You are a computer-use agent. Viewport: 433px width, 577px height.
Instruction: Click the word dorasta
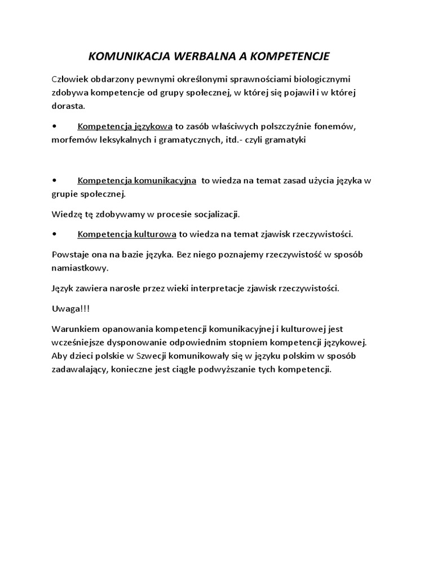68,105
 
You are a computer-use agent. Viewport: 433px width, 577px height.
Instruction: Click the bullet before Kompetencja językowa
54,126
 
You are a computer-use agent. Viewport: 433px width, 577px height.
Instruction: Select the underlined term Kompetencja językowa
125,126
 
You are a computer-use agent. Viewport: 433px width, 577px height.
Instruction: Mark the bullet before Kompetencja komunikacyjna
54,180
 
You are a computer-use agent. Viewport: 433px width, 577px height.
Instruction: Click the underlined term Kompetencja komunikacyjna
137,181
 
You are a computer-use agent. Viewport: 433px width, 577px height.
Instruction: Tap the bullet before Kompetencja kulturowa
54,234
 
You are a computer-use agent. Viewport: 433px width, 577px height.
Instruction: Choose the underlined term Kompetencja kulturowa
127,234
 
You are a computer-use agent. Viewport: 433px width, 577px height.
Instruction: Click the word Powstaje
70,254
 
